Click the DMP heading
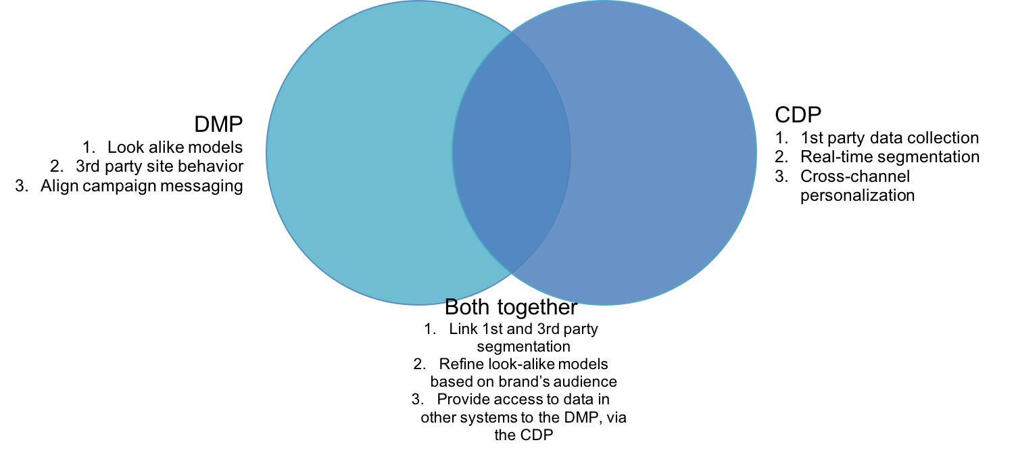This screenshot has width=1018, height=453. click(218, 124)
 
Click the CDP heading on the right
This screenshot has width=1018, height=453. click(798, 115)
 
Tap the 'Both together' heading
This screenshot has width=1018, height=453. click(510, 307)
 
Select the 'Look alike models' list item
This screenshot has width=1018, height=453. click(174, 147)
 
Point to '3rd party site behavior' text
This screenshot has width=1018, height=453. click(159, 166)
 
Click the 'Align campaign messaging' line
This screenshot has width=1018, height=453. click(141, 186)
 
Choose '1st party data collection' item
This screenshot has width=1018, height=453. click(889, 138)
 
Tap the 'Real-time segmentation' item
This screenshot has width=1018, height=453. click(890, 157)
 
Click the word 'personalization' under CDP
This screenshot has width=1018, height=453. click(857, 195)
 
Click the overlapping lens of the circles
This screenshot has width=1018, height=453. click(511, 152)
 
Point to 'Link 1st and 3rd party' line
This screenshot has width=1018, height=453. click(523, 329)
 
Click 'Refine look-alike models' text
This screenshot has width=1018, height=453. click(523, 364)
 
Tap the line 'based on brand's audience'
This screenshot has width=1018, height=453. click(523, 381)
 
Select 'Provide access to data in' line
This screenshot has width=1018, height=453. click(523, 400)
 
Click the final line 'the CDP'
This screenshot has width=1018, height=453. click(523, 435)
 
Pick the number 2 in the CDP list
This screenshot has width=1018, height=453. click(781, 157)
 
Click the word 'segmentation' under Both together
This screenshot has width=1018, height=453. click(523, 346)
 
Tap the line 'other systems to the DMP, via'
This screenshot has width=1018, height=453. click(523, 417)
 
